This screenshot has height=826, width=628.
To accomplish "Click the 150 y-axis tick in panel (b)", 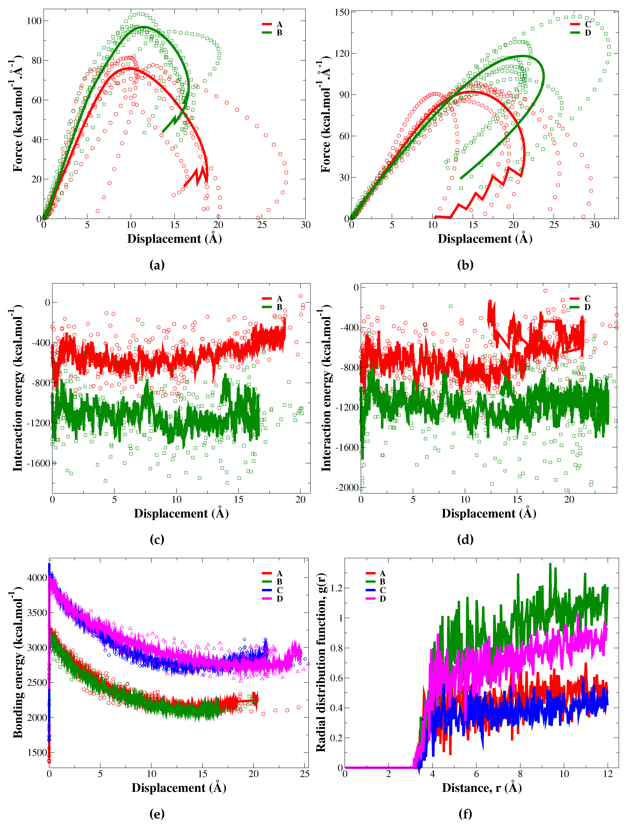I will click(x=342, y=12).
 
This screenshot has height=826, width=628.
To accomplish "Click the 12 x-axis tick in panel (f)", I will click(x=608, y=774).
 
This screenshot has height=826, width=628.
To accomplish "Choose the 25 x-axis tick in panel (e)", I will click(x=305, y=774).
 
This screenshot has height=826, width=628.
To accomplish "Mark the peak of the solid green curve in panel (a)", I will click(x=143, y=27).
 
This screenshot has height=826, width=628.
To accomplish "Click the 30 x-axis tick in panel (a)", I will click(x=305, y=225).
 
